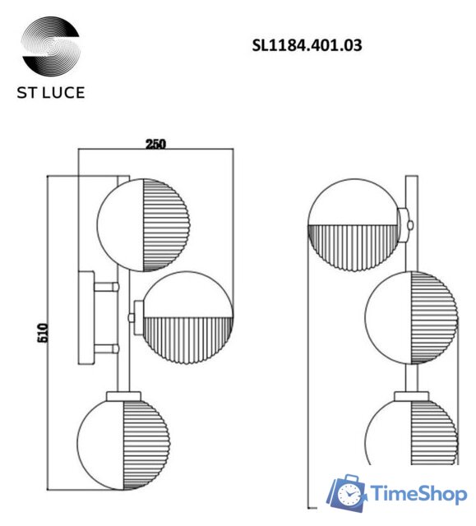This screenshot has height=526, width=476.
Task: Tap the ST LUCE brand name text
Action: point(51,92)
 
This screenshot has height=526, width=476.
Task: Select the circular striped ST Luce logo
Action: point(50,47)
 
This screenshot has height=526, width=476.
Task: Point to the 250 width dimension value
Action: point(155,144)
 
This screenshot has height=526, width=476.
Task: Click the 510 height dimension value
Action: point(44,332)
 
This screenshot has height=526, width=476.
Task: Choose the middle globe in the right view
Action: point(409,317)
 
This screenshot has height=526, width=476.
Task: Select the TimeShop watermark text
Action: point(417,495)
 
